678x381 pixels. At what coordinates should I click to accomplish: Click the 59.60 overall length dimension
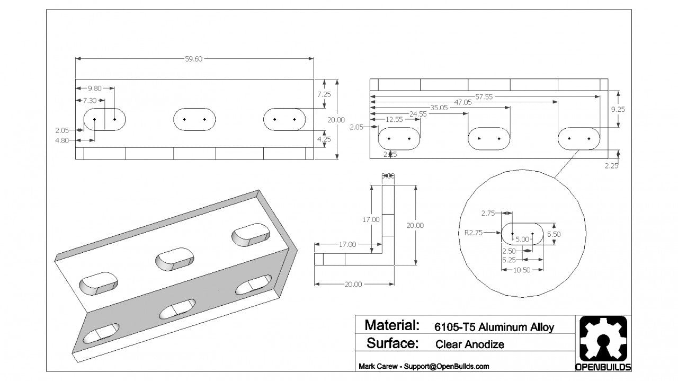click(x=194, y=59)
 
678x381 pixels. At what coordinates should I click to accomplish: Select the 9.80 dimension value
click(x=95, y=88)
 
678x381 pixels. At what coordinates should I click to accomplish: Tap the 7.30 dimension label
click(x=89, y=100)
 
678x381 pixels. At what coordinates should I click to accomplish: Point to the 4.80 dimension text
click(x=63, y=141)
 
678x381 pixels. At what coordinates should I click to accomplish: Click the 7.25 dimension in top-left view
click(x=324, y=94)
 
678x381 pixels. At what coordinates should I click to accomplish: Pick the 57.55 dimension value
click(x=484, y=96)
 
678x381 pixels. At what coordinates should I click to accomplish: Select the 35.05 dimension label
click(x=439, y=108)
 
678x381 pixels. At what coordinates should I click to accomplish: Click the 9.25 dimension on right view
click(x=618, y=110)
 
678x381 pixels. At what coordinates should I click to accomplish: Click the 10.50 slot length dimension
click(x=522, y=270)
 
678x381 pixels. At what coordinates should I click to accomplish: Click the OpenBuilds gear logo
click(x=603, y=340)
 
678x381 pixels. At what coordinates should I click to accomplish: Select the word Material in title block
click(x=392, y=325)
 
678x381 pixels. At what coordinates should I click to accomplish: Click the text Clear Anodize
click(x=469, y=344)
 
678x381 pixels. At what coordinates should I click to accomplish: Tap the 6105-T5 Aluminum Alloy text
click(x=494, y=327)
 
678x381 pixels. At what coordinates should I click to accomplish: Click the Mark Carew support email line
click(x=424, y=366)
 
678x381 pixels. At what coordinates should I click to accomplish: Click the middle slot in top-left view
click(x=194, y=119)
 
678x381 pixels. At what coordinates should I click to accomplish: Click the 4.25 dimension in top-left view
click(x=324, y=140)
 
